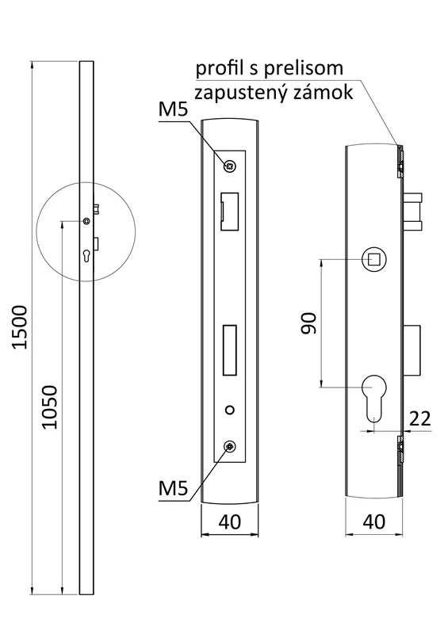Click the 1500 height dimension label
click(21, 327)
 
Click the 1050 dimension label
click(49, 407)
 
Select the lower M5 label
click(173, 488)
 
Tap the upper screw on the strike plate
click(230, 166)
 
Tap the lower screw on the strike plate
click(230, 448)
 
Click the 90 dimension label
click(308, 323)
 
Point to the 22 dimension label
click(419, 418)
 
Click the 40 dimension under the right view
click(373, 522)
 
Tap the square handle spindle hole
click(373, 258)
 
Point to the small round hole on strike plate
click(230, 410)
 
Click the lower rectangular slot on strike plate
click(231, 348)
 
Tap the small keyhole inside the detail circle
click(86, 255)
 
